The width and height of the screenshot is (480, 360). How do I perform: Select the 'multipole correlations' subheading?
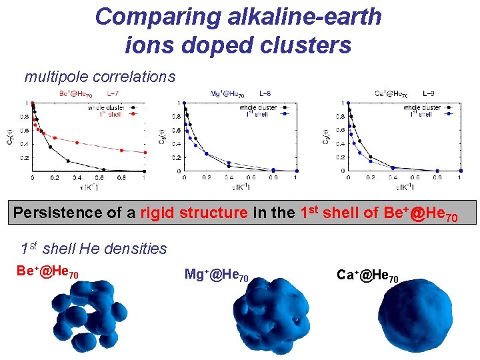[x=100, y=77]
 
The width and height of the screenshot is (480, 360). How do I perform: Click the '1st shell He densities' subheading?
[x=94, y=249]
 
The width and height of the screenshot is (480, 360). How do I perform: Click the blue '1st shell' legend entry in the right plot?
[x=423, y=114]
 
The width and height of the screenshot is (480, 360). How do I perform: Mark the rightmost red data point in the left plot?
[x=145, y=153]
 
